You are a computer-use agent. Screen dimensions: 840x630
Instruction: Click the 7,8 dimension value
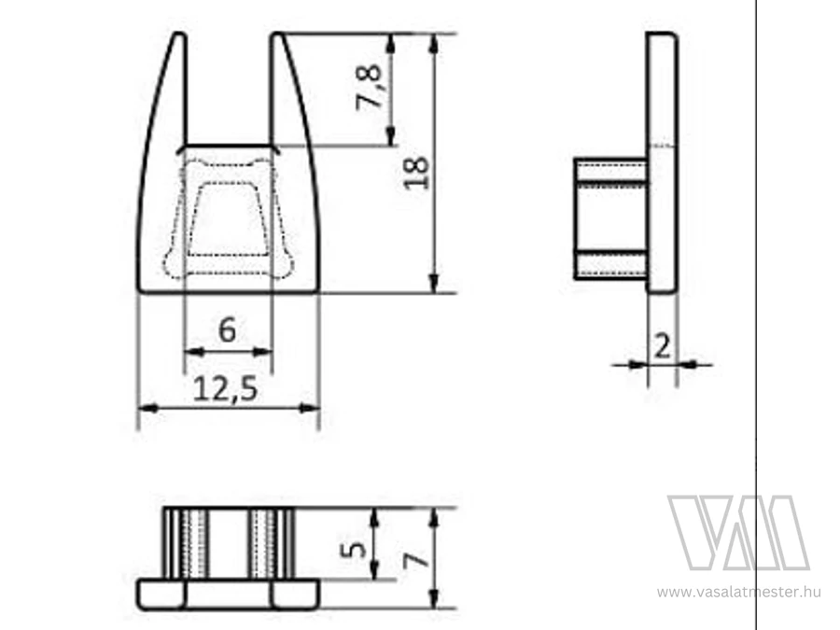tap(368, 87)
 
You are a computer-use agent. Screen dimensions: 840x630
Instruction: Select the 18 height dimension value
tap(415, 173)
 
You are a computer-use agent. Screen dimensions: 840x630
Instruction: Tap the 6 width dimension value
tap(227, 329)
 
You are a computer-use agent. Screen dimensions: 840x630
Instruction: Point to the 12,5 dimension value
tap(225, 388)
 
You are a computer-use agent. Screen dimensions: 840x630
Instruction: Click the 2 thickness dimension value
tap(662, 346)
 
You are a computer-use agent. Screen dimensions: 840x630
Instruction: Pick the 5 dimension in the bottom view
tap(354, 549)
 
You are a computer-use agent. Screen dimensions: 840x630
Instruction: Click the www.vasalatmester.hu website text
tap(739, 592)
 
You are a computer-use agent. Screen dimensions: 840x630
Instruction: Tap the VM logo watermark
tap(738, 533)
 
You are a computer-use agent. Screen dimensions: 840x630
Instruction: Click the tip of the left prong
tap(180, 34)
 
